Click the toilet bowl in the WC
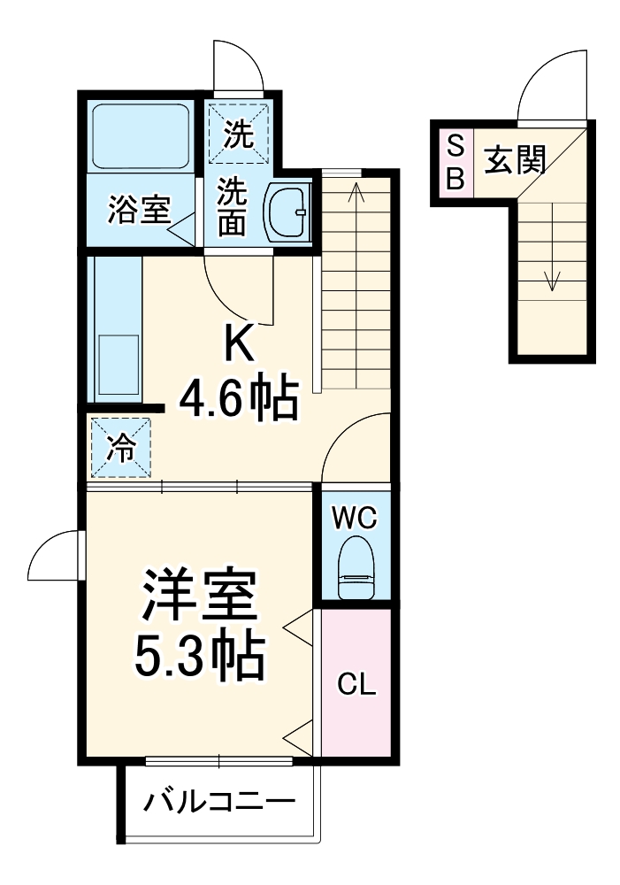point(357,567)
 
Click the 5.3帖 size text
point(200,656)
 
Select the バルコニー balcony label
point(219,804)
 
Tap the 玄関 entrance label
point(514,161)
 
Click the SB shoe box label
point(454,163)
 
